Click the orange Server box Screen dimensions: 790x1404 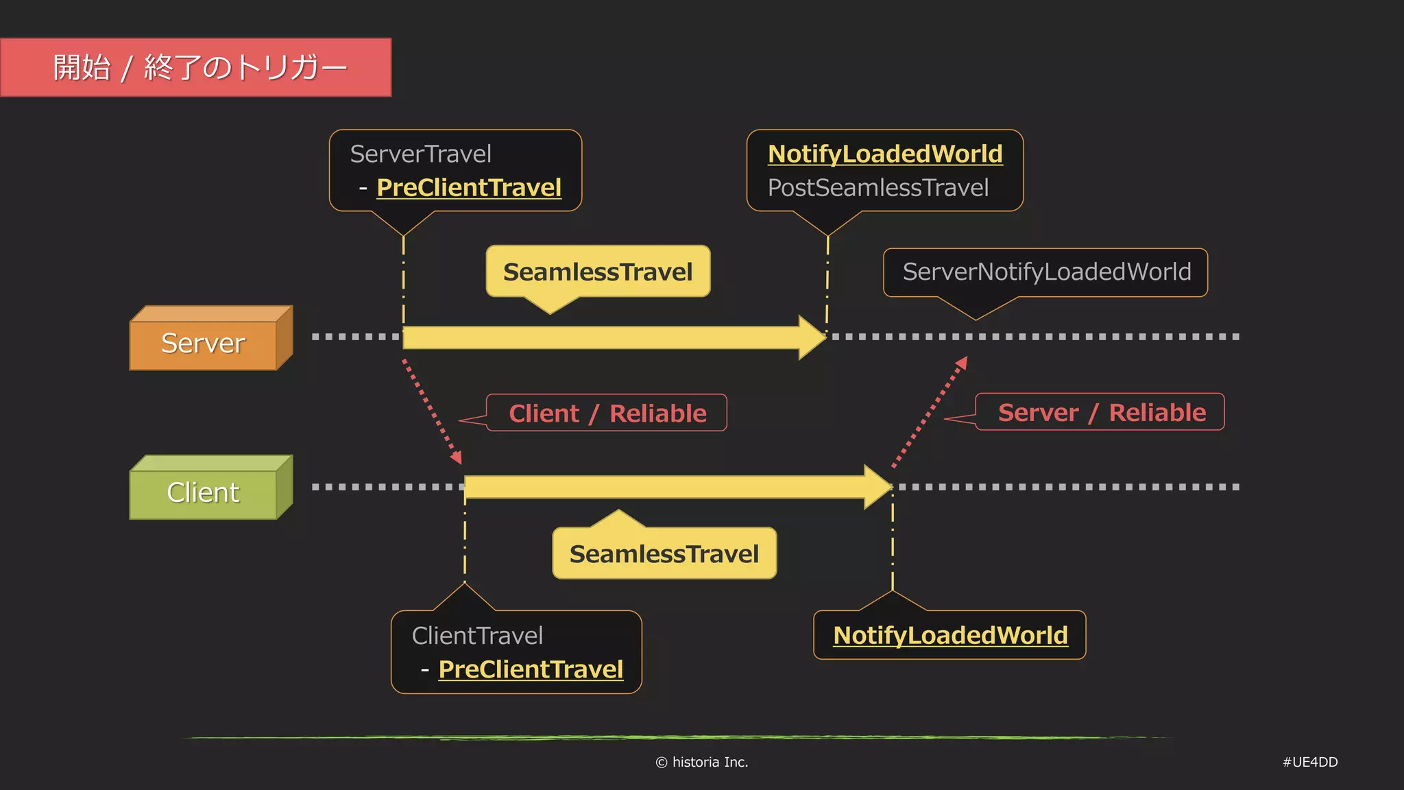[204, 343]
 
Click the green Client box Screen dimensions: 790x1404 [204, 492]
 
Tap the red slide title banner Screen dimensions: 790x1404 [196, 67]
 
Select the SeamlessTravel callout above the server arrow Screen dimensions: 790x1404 [598, 272]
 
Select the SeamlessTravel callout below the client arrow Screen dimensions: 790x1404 [664, 553]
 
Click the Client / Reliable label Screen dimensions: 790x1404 [607, 414]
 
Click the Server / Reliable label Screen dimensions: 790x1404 [1101, 412]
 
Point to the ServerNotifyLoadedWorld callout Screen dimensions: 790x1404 [1046, 272]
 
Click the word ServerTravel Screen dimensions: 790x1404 [420, 154]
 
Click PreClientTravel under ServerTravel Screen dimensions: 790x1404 [469, 187]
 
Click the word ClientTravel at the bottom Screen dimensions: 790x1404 [477, 636]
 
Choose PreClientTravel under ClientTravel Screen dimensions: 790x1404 [531, 669]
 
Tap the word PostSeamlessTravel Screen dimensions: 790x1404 [878, 187]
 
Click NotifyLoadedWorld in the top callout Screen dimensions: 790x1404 [885, 154]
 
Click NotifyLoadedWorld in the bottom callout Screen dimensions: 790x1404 [950, 635]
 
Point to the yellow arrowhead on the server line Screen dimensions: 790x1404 [812, 337]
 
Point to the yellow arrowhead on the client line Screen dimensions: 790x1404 [877, 487]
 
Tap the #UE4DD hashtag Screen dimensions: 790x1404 [1310, 762]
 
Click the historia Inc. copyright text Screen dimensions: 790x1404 [702, 762]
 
